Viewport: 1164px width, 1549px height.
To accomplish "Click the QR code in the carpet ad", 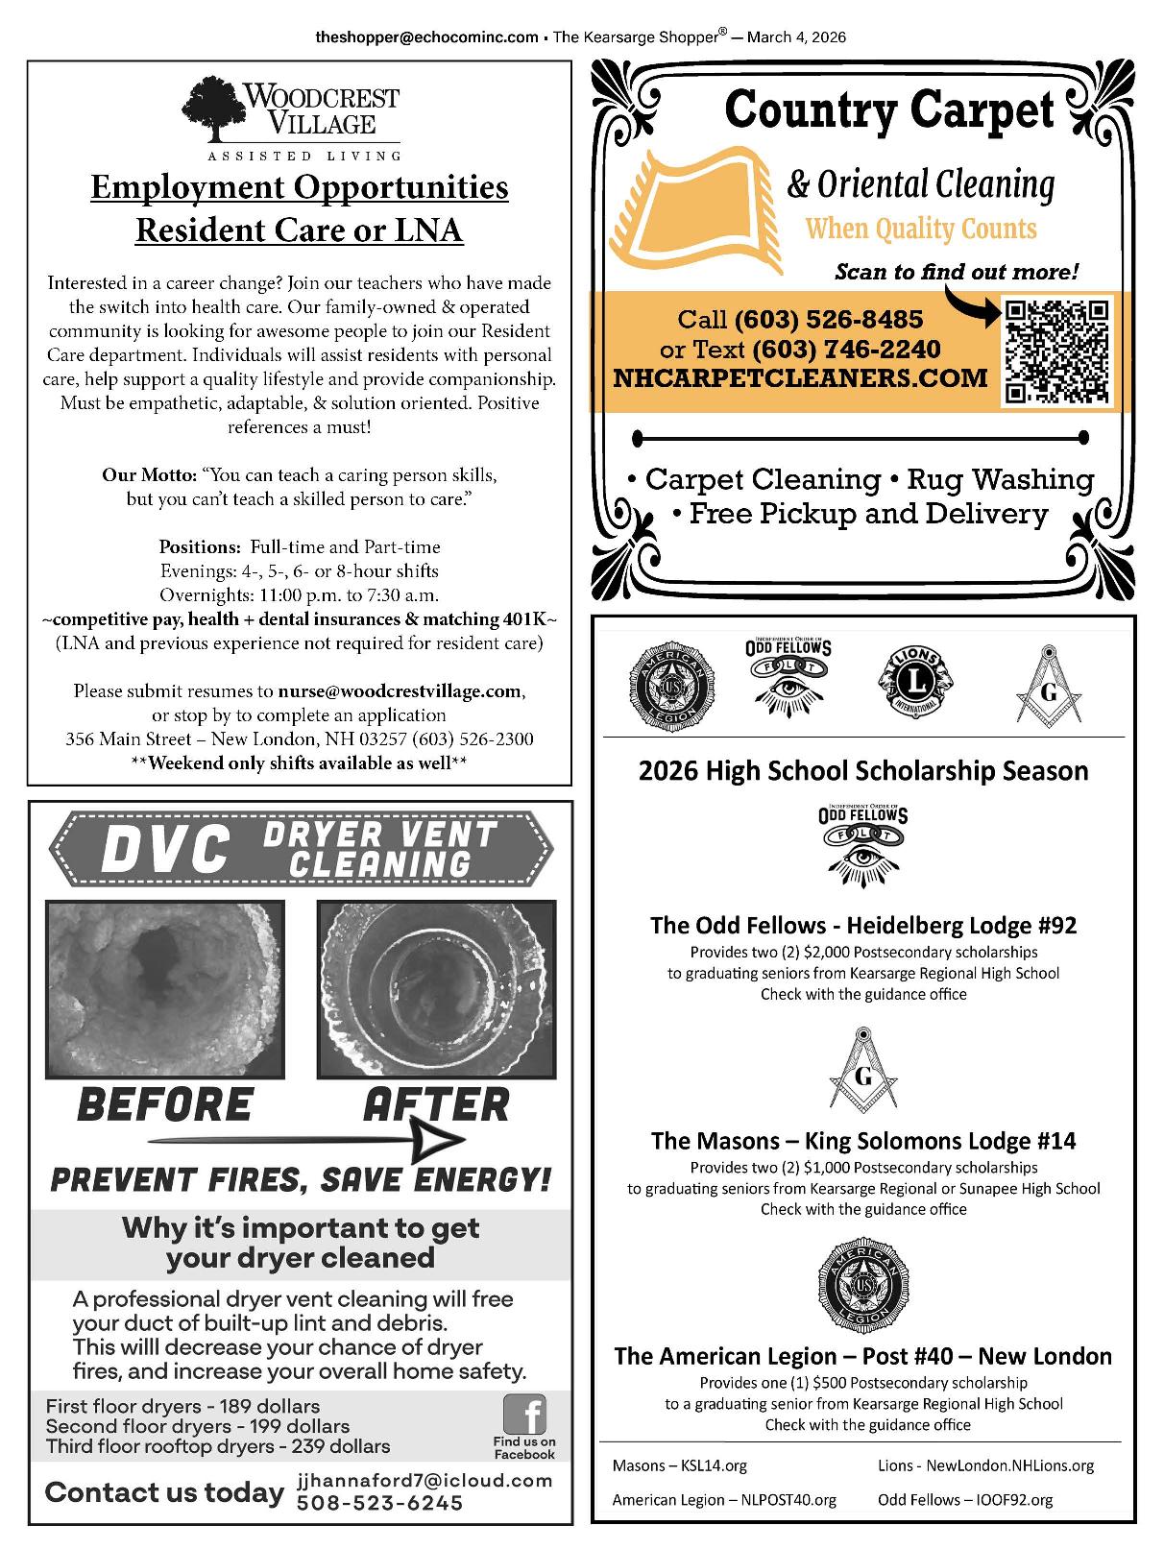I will click(x=1056, y=351).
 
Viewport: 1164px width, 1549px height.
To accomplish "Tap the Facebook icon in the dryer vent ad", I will click(x=524, y=1415).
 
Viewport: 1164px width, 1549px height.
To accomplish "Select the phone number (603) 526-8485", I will click(x=828, y=319).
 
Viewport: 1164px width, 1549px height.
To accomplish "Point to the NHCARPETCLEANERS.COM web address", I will click(x=800, y=377).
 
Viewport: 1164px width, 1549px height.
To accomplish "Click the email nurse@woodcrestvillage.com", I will click(x=400, y=690).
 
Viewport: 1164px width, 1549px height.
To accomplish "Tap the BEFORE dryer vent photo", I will click(x=165, y=989).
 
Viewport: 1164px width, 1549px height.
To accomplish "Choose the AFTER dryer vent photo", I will click(x=436, y=989).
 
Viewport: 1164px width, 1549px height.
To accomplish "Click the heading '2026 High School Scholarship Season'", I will click(x=863, y=771).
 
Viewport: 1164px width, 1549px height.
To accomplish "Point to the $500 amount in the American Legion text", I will click(x=829, y=1383).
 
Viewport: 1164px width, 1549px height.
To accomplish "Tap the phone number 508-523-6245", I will click(x=380, y=1503).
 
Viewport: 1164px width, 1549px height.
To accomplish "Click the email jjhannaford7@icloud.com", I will click(x=425, y=1480).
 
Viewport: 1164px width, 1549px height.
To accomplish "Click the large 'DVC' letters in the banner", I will click(x=165, y=850).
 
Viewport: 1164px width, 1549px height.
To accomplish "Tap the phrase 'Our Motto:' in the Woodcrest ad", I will click(x=149, y=475).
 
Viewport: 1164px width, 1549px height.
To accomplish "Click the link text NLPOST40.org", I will click(x=788, y=1499).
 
